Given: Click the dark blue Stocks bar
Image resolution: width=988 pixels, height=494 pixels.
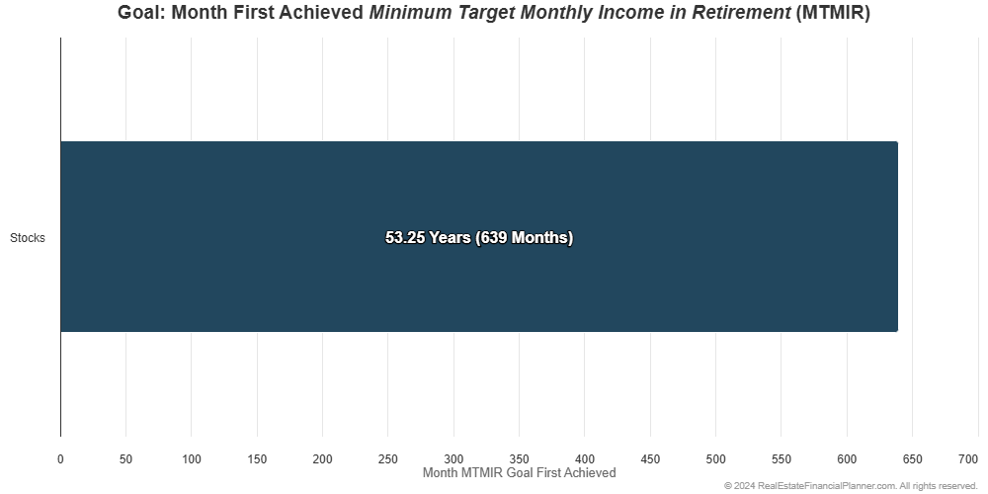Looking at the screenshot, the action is [x=479, y=236].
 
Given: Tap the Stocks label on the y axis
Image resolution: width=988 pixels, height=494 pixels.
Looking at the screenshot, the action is [x=27, y=238].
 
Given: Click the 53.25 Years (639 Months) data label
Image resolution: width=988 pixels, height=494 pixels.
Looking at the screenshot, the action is [x=479, y=237].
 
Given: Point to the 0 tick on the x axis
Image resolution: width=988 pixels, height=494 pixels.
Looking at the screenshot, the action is [x=60, y=459].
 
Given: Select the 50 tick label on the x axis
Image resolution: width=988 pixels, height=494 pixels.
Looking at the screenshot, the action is [x=126, y=459].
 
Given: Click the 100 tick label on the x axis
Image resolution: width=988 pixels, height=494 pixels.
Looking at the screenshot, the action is [x=192, y=459].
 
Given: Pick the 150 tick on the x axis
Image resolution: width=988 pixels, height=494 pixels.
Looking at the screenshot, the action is [x=257, y=459].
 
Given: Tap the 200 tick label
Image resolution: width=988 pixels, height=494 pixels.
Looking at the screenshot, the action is [x=323, y=459].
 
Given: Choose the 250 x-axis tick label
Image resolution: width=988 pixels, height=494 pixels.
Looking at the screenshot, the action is [x=388, y=459].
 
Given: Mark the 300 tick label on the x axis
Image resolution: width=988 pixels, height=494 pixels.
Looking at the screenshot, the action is [x=453, y=459].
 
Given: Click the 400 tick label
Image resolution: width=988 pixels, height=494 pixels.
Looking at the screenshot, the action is [x=585, y=459].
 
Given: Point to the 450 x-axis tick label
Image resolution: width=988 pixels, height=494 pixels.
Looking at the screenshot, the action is [x=650, y=459].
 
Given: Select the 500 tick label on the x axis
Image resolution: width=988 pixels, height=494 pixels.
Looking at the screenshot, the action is [x=715, y=459].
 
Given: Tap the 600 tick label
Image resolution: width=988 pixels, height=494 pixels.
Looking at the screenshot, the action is [x=847, y=459].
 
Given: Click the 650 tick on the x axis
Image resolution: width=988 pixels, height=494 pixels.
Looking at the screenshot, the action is [x=912, y=459].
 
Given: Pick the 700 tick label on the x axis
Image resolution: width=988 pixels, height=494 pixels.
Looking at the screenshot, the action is [x=969, y=459].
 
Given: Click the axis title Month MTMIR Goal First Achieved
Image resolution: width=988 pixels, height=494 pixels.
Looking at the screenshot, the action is [x=520, y=472].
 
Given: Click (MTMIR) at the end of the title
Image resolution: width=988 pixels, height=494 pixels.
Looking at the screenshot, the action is [x=832, y=13].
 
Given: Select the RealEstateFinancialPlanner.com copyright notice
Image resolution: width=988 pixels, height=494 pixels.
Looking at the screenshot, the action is [x=851, y=486].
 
